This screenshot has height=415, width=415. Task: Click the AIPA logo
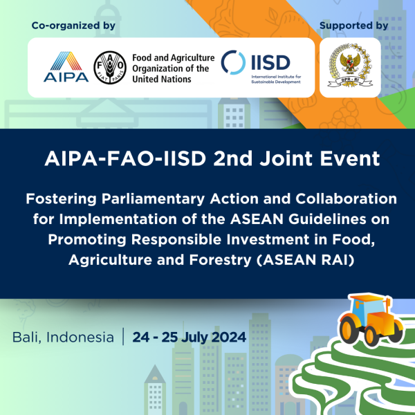pyautogui.click(x=66, y=66)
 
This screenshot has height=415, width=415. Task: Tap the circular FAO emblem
pyautogui.click(x=110, y=68)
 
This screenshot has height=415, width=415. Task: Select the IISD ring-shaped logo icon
pyautogui.click(x=233, y=62)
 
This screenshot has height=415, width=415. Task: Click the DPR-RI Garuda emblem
pyautogui.click(x=350, y=66)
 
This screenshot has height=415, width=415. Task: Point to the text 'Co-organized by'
pyautogui.click(x=73, y=26)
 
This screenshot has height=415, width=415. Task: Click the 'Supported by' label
pyautogui.click(x=353, y=26)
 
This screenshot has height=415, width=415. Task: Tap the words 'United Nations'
pyautogui.click(x=161, y=79)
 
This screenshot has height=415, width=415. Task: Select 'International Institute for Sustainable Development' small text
pyautogui.click(x=276, y=79)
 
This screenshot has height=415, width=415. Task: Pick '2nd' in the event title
pyautogui.click(x=233, y=158)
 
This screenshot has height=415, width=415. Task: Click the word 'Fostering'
pyautogui.click(x=61, y=199)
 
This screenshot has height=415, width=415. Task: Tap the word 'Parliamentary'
pyautogui.click(x=153, y=199)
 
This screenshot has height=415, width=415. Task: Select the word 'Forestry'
pyautogui.click(x=220, y=260)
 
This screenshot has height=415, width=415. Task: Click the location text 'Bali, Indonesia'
pyautogui.click(x=63, y=338)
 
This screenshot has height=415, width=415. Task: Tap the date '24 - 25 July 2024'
pyautogui.click(x=190, y=338)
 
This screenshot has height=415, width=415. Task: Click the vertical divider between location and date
pyautogui.click(x=123, y=336)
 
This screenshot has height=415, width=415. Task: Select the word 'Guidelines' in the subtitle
pyautogui.click(x=327, y=219)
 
